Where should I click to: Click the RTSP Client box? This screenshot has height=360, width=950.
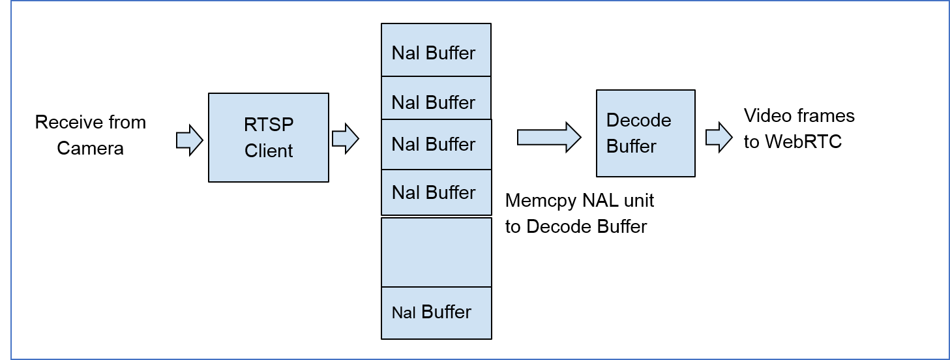coord(268,138)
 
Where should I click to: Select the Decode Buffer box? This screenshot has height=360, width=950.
coord(646,133)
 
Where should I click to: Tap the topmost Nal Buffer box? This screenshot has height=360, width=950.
coord(436,51)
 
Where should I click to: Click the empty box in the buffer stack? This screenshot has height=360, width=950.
coord(436,252)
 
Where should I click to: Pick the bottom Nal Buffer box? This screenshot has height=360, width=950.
coord(436,312)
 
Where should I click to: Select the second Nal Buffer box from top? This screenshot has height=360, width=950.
coord(436,99)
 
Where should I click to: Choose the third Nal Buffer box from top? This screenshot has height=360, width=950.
coord(436,145)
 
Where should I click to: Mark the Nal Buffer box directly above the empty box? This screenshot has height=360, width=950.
coord(436,192)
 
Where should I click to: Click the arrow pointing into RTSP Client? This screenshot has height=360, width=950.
coord(189,141)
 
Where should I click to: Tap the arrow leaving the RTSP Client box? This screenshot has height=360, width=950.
coord(345,139)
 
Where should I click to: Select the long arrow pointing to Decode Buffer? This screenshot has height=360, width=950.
coord(548,138)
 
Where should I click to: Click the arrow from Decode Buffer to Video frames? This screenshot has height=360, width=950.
coord(719,138)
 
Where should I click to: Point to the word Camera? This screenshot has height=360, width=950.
coord(90,149)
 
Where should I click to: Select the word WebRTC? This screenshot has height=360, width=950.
coord(803,142)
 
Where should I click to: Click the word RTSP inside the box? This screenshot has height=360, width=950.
coord(269,125)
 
